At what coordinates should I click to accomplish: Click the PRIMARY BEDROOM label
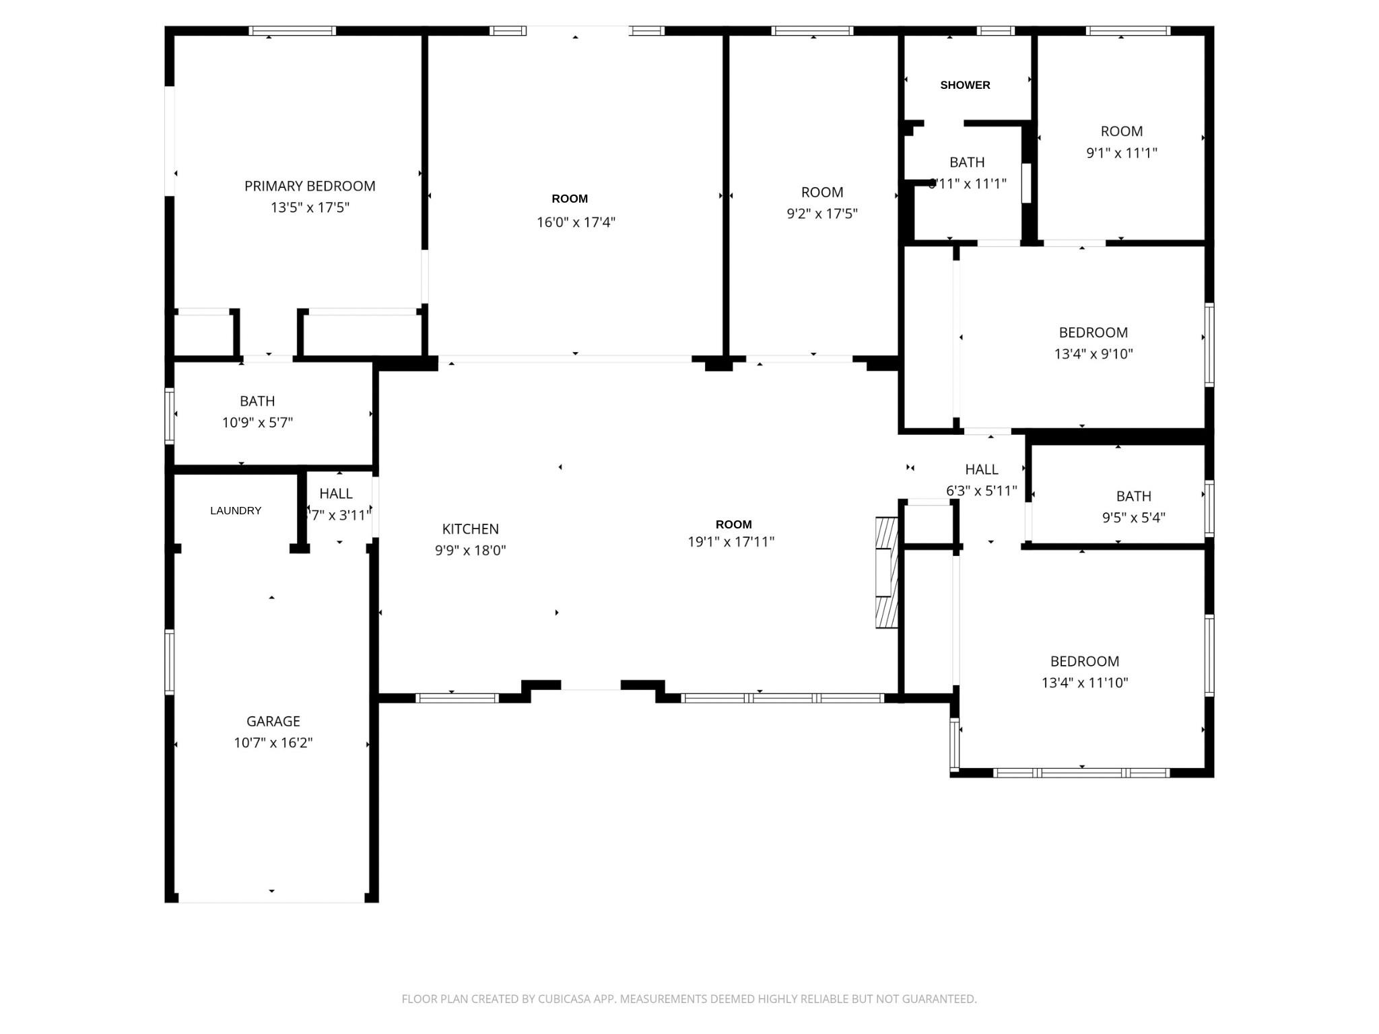[310, 186]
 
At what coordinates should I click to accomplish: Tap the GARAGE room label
[273, 721]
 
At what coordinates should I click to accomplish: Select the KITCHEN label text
[470, 529]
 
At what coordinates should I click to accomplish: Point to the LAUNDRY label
[236, 511]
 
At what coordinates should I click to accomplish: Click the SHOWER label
[965, 85]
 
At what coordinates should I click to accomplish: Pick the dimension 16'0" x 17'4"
[576, 222]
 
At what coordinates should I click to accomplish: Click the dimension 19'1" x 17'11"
[731, 542]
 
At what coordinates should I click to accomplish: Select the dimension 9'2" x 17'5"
[821, 213]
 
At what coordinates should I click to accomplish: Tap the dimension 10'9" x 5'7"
[257, 423]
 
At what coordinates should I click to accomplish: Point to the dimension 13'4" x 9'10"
[1093, 353]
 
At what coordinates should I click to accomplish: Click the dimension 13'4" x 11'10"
[1084, 683]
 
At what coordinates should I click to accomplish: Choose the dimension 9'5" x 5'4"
[1133, 518]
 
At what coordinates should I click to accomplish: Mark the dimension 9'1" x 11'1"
[1121, 153]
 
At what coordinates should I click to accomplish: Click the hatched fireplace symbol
[887, 573]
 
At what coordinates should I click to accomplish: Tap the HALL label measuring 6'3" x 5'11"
[981, 469]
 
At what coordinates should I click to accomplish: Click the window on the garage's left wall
[170, 662]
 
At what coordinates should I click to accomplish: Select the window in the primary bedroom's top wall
[292, 31]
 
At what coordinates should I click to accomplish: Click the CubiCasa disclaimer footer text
[689, 999]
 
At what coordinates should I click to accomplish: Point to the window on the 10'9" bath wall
[170, 416]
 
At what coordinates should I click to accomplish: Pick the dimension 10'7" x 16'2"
[273, 743]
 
